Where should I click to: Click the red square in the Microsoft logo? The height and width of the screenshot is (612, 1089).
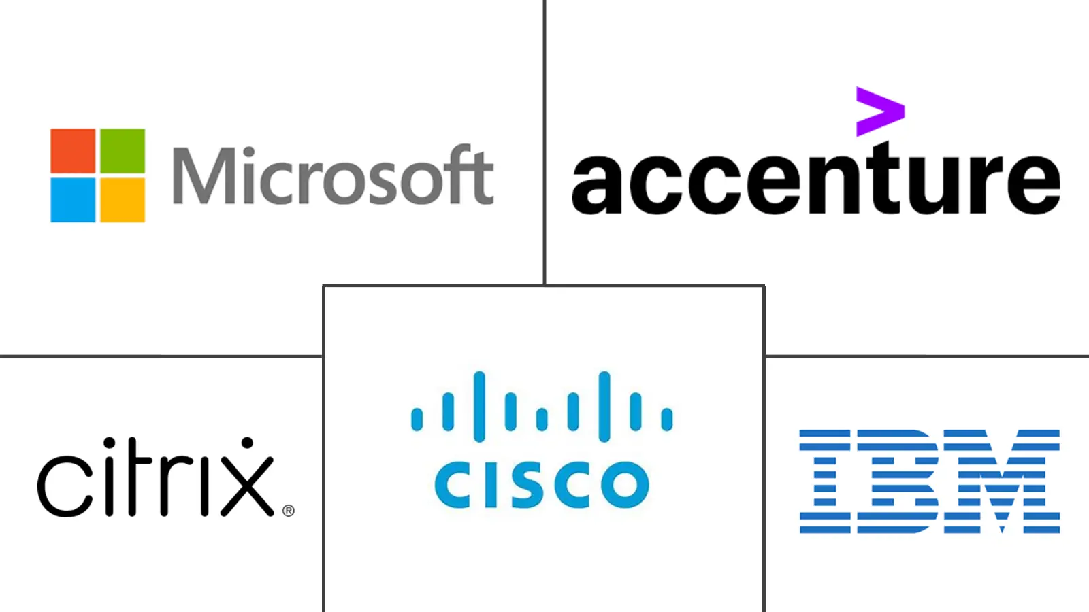[73, 150]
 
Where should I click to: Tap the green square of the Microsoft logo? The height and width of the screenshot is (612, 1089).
[123, 150]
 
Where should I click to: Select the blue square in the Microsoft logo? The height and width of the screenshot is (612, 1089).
[73, 200]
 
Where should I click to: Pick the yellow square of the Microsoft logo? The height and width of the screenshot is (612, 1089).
[123, 200]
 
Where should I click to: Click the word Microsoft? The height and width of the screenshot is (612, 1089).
[334, 174]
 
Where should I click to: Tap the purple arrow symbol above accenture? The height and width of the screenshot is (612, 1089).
[881, 112]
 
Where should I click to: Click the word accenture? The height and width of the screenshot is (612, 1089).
[816, 178]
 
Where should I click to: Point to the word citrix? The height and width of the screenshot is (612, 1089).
[156, 477]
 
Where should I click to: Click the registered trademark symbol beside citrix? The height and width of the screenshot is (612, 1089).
[289, 511]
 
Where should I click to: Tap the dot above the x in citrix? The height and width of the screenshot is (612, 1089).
[248, 443]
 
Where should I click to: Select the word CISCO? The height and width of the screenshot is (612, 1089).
[542, 485]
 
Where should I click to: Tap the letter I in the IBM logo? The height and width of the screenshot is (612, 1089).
[825, 481]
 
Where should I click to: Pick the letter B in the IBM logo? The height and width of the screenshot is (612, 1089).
[897, 481]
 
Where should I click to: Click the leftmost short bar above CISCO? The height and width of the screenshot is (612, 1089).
[417, 419]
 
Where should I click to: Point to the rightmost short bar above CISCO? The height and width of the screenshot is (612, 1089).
[667, 419]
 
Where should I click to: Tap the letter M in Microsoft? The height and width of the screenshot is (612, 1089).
[204, 175]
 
